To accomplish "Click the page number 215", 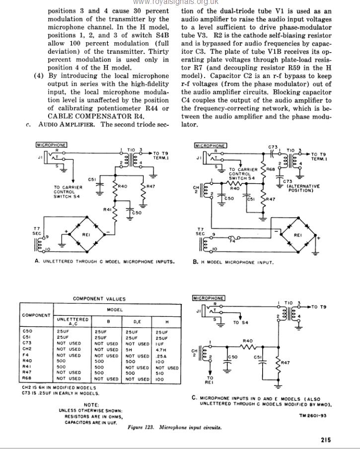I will pyautogui.click(x=326, y=440).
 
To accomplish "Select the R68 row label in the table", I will pyautogui.click(x=28, y=379).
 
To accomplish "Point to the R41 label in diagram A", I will pyautogui.click(x=107, y=210).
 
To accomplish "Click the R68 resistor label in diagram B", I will pyautogui.click(x=271, y=169).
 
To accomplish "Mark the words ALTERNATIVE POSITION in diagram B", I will pyautogui.click(x=303, y=188).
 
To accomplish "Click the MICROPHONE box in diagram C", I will pyautogui.click(x=208, y=298).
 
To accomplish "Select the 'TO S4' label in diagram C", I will pyautogui.click(x=240, y=322).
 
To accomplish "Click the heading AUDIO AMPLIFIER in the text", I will pyautogui.click(x=69, y=124).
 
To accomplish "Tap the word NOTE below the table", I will pyautogui.click(x=91, y=405).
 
